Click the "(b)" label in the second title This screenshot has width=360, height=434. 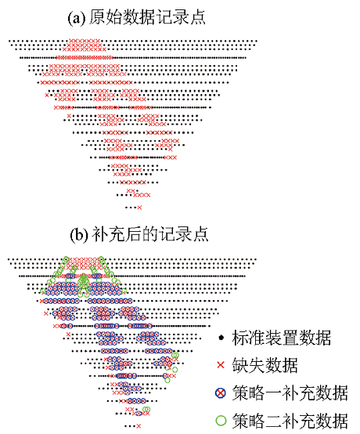pyautogui.click(x=79, y=235)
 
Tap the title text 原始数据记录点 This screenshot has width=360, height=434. pyautogui.click(x=147, y=17)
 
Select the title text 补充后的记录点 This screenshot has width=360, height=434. pyautogui.click(x=149, y=234)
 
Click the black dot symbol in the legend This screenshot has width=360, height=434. pyautogui.click(x=221, y=338)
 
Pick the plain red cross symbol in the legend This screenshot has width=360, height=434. pyautogui.click(x=221, y=365)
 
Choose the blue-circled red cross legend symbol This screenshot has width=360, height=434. pyautogui.click(x=221, y=392)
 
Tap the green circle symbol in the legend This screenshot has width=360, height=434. pyautogui.click(x=221, y=420)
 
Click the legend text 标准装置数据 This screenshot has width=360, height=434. pyautogui.click(x=281, y=338)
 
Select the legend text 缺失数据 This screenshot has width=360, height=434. pyautogui.click(x=265, y=365)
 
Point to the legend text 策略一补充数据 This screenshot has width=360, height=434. pyautogui.click(x=290, y=392)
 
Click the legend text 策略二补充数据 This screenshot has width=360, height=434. pyautogui.click(x=290, y=420)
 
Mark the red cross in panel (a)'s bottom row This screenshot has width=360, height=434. pyautogui.click(x=139, y=208)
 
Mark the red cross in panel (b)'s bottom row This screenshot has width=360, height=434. pyautogui.click(x=139, y=426)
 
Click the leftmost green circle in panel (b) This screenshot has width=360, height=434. pyautogui.click(x=42, y=291)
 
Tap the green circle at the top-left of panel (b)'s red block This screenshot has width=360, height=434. pyautogui.click(x=66, y=259)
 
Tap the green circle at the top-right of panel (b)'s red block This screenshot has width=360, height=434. pyautogui.click(x=101, y=259)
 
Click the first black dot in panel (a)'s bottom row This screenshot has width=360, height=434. pyautogui.click(x=126, y=208)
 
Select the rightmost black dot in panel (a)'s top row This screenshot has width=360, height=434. pyautogui.click(x=257, y=42)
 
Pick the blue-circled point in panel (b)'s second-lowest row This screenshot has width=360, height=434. pyautogui.click(x=139, y=414)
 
